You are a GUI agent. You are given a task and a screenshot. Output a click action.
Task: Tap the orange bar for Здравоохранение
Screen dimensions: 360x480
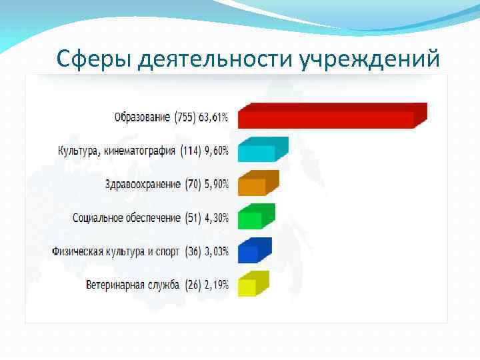(253, 186)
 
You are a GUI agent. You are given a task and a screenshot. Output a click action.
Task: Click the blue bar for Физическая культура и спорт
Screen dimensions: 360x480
(249, 253)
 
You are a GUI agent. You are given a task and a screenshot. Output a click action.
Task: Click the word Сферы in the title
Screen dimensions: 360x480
(95, 59)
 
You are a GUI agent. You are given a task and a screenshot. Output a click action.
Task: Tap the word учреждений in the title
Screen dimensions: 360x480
(369, 59)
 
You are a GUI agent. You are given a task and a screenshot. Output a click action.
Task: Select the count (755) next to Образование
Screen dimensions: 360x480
(185, 118)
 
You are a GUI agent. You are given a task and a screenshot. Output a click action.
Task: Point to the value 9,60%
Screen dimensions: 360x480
(216, 151)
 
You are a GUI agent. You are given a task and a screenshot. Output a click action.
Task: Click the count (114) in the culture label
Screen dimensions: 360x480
(190, 151)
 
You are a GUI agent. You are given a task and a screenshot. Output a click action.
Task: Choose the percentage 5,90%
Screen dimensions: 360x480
(216, 185)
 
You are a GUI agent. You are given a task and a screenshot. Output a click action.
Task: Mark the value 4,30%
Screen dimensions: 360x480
(216, 218)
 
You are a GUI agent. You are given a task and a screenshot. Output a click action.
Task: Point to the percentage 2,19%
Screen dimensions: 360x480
(216, 285)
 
